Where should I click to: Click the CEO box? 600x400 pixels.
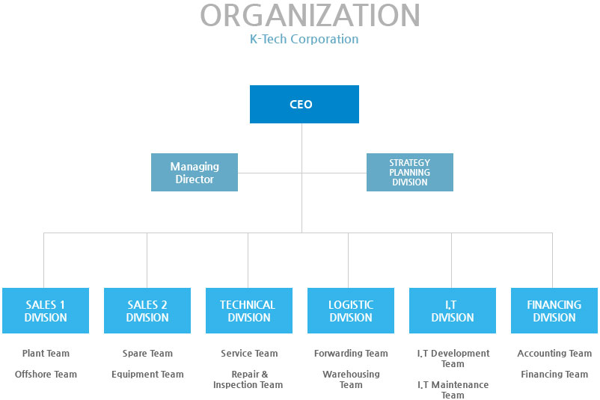tap(304, 104)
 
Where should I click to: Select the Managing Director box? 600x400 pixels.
tap(195, 173)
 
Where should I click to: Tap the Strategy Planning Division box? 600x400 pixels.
tap(409, 173)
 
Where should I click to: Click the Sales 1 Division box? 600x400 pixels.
tap(46, 310)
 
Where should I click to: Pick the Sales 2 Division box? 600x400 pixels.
tap(147, 310)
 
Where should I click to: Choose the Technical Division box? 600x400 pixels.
tap(248, 310)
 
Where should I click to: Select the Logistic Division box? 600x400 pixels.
tap(351, 310)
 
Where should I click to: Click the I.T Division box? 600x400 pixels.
tap(452, 310)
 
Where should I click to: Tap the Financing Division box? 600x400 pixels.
tap(554, 310)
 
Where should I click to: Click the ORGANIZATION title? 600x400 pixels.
tap(310, 16)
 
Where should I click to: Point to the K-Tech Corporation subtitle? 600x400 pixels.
tap(304, 39)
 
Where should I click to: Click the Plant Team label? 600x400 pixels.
tap(46, 354)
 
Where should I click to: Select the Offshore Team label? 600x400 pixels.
tap(46, 375)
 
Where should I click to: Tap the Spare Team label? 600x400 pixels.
tap(147, 354)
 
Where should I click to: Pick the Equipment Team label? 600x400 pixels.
tap(147, 375)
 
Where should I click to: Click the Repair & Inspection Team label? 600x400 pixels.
tap(248, 380)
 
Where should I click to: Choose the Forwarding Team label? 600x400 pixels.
tap(351, 354)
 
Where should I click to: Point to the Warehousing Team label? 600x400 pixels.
tap(351, 380)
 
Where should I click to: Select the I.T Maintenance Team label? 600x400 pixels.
tap(453, 390)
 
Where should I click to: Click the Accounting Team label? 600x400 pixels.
tap(554, 354)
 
